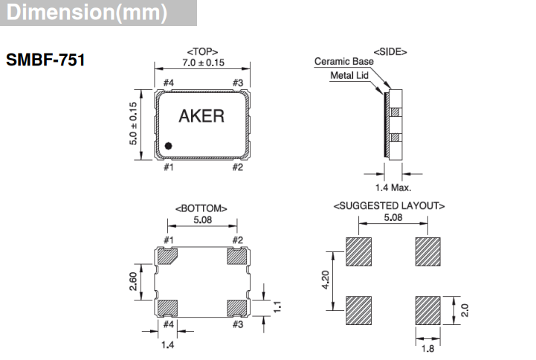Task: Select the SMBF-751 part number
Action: point(45,60)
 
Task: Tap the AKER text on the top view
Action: point(201,117)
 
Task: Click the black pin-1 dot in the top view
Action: point(169,147)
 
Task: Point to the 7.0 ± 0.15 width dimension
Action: point(201,64)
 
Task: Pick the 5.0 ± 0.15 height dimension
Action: point(135,123)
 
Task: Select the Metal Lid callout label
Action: point(349,75)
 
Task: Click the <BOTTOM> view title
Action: point(201,208)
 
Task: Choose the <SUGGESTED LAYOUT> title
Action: point(389,205)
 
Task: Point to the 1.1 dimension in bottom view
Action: point(277,306)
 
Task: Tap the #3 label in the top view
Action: point(238,83)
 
